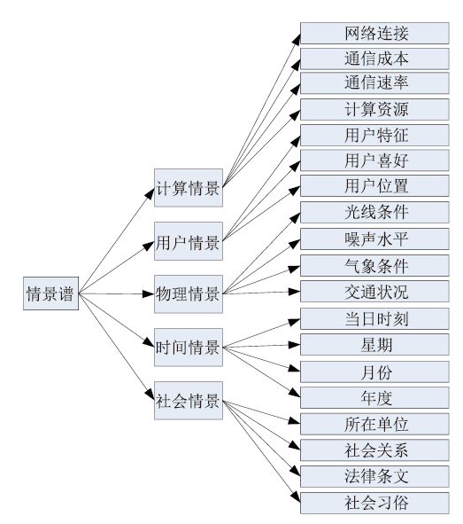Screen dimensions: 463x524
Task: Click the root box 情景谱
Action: [x=50, y=293]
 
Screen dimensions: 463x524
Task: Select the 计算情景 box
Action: [x=189, y=188]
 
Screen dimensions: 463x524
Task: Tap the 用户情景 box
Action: [x=189, y=241]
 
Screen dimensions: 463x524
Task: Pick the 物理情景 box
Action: [x=189, y=294]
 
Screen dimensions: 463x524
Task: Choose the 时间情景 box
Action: [x=189, y=348]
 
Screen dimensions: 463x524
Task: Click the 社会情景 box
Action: [x=189, y=401]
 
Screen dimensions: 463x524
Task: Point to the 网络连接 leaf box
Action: [x=374, y=33]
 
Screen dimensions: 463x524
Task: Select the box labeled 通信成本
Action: [x=374, y=59]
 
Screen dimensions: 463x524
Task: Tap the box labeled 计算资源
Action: [x=374, y=109]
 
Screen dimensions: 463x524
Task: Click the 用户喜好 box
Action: [x=374, y=160]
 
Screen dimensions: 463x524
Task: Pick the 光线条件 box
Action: [x=374, y=212]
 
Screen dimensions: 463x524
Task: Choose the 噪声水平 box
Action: [x=374, y=239]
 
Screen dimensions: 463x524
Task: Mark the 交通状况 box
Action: [x=374, y=292]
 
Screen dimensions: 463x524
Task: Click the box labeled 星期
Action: [x=374, y=345]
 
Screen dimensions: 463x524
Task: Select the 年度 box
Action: [x=374, y=398]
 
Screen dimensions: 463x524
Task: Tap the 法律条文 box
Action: [x=374, y=476]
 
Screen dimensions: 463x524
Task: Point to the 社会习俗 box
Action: [x=374, y=503]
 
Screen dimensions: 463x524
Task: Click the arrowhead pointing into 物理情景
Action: [x=148, y=294]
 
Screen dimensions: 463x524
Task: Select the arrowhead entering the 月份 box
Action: [x=294, y=369]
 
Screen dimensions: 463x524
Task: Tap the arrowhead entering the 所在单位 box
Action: [x=294, y=421]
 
